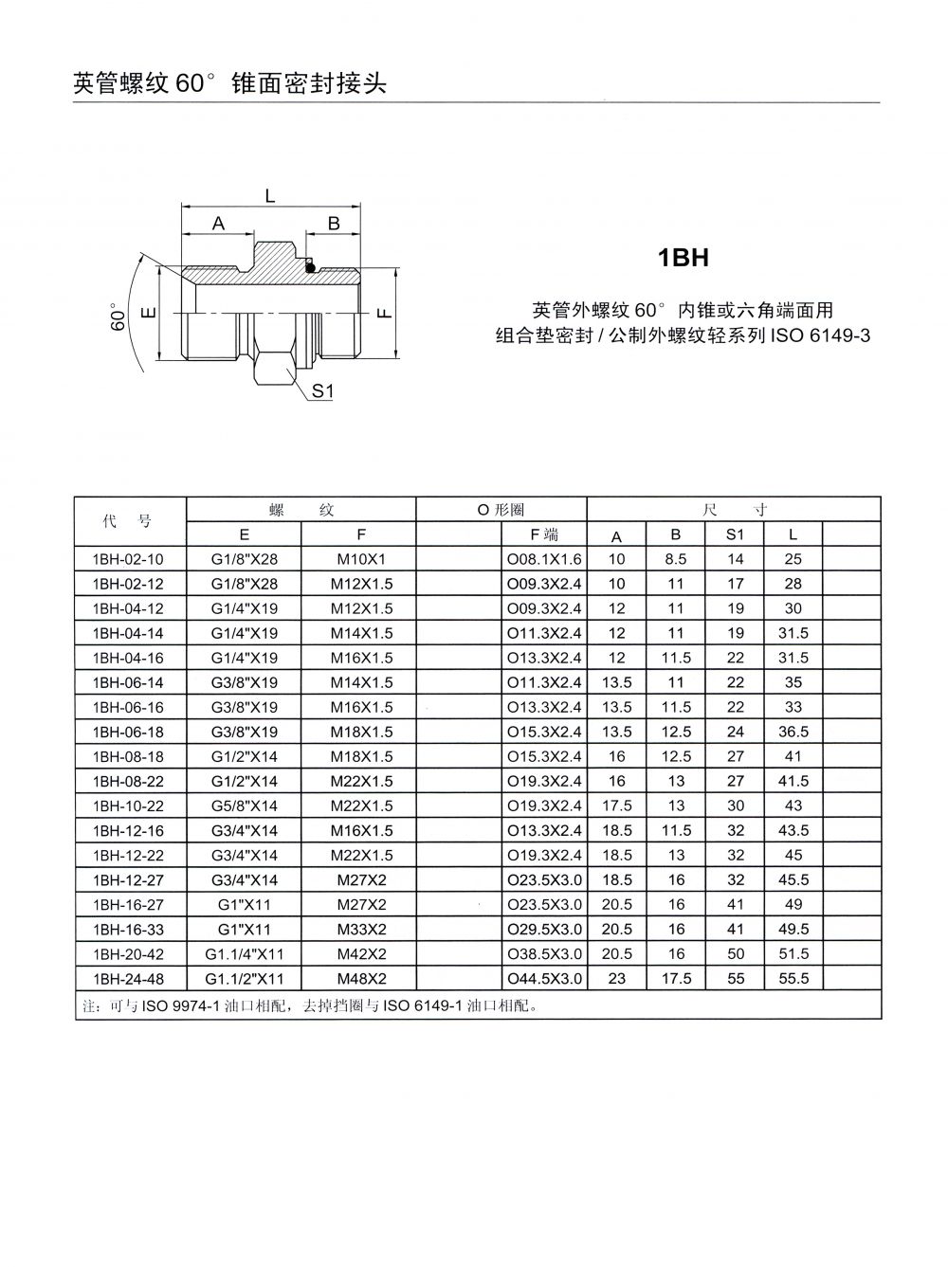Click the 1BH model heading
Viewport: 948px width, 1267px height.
[684, 258]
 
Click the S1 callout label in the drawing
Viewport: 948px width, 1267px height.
[323, 389]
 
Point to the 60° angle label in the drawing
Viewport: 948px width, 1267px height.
[118, 317]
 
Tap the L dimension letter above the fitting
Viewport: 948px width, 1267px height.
[270, 196]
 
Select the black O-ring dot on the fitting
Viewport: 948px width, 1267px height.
[310, 266]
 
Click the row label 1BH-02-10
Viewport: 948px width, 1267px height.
[128, 559]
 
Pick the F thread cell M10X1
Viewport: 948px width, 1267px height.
[361, 559]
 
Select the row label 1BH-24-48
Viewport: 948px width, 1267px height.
[128, 978]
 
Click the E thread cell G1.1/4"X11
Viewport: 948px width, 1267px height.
[245, 953]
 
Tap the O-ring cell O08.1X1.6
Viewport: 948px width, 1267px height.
[544, 559]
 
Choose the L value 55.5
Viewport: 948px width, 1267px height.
[793, 978]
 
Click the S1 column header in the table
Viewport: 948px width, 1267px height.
[736, 534]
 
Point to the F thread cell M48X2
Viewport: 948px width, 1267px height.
[361, 978]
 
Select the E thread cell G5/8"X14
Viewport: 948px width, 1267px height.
[245, 805]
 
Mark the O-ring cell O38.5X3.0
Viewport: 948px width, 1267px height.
[544, 953]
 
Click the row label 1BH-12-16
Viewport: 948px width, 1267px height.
[128, 830]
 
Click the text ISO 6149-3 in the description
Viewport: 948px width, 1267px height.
[820, 335]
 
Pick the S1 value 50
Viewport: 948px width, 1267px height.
[736, 953]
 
